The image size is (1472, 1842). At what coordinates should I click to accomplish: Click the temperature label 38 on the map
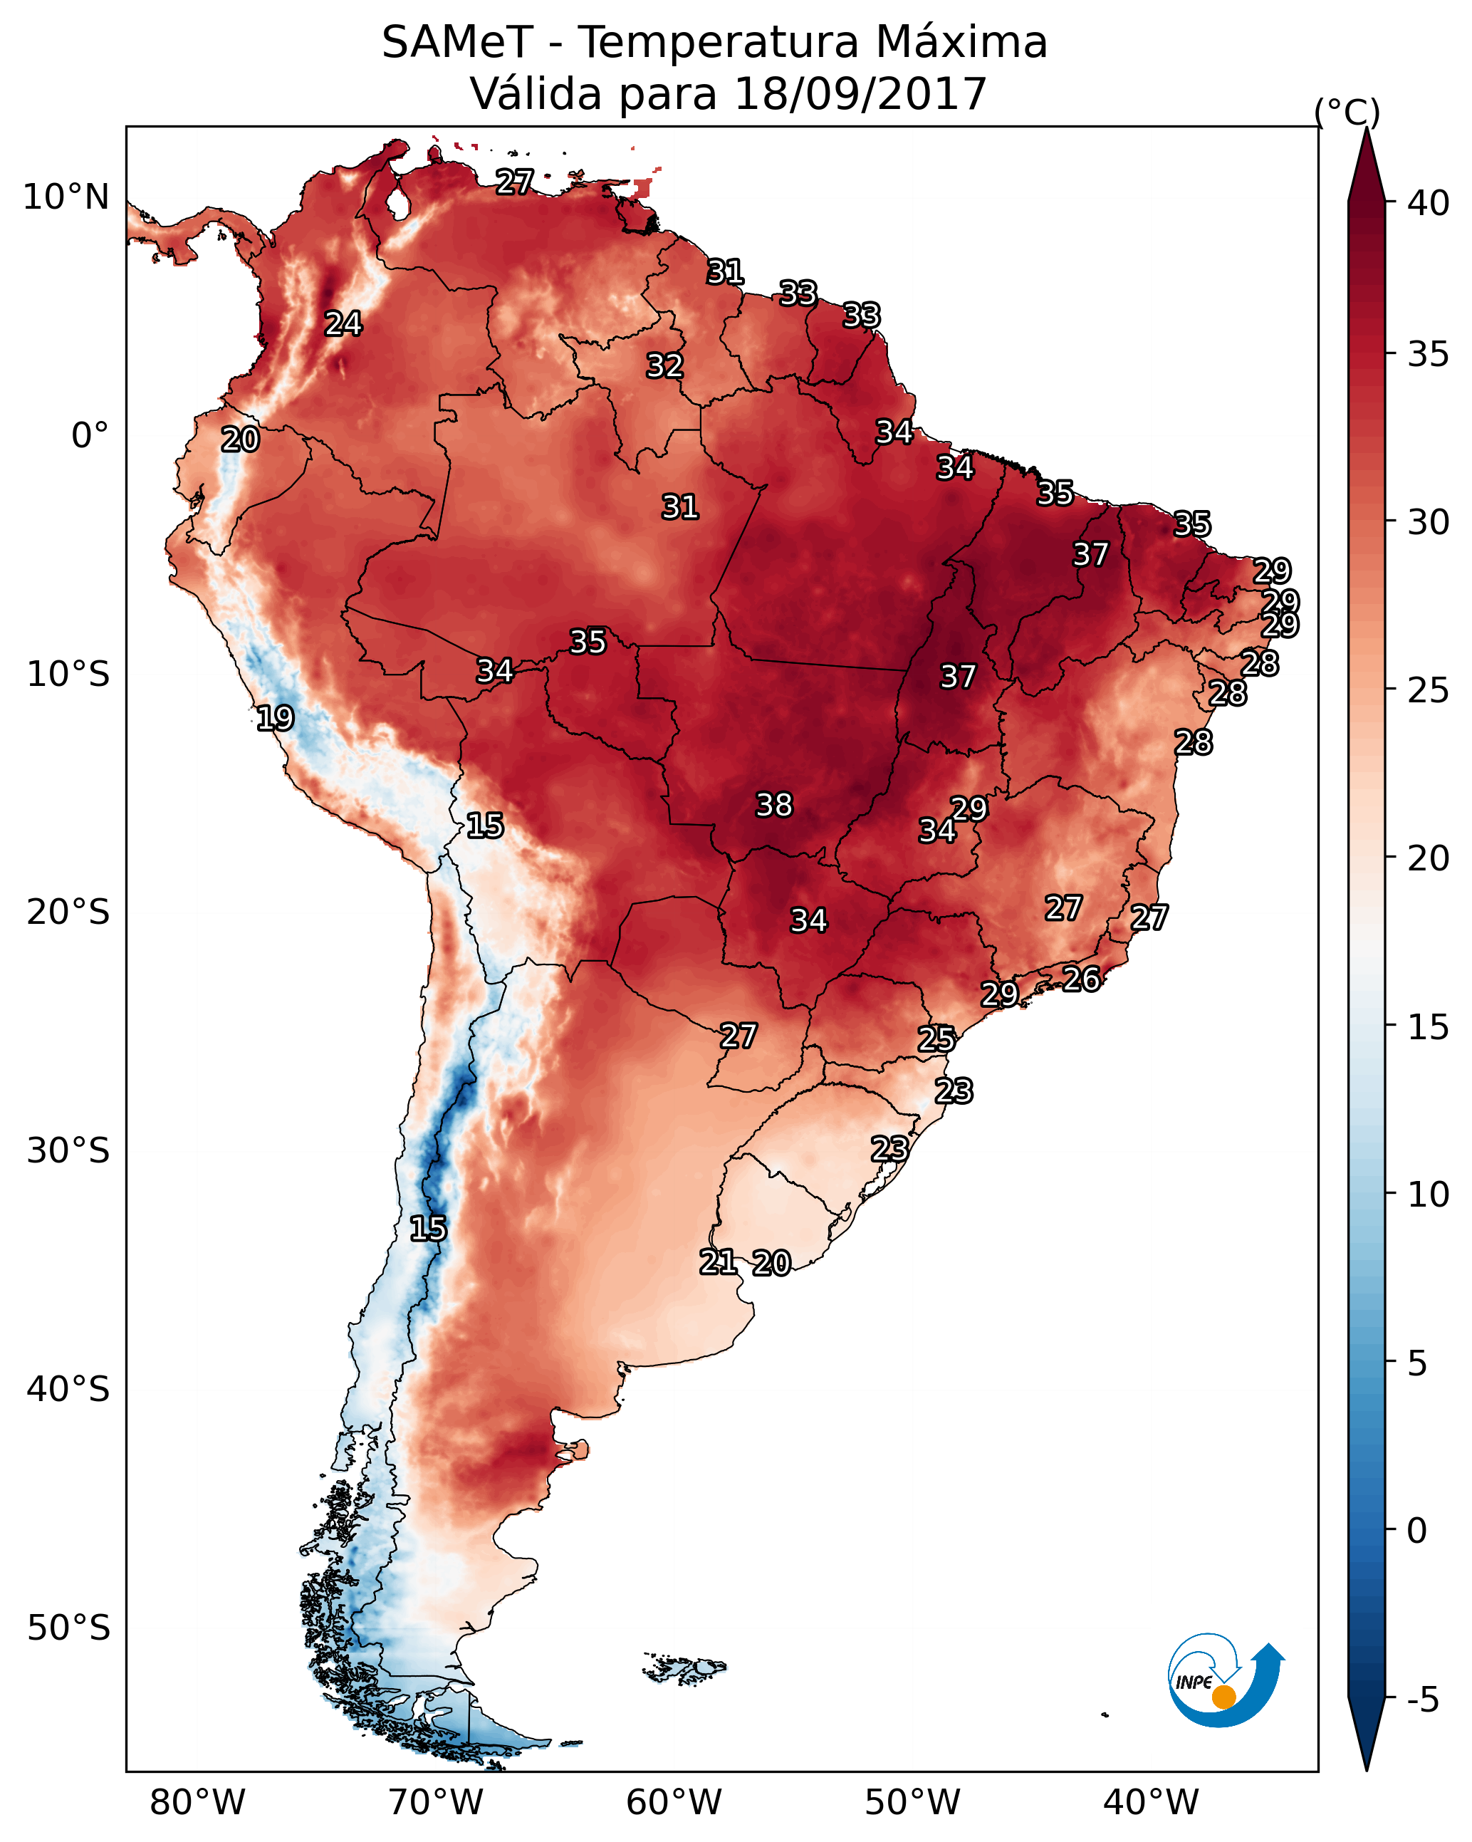pos(774,805)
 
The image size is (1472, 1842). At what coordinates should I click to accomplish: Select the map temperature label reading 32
pos(664,365)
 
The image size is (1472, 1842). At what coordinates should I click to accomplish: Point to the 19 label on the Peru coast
pos(275,718)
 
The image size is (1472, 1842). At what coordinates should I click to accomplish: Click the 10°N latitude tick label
pos(66,197)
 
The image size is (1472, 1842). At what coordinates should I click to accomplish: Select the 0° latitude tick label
pos(90,436)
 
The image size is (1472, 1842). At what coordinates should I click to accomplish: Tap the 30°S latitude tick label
pos(68,1151)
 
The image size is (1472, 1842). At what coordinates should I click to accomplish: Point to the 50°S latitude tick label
pos(68,1628)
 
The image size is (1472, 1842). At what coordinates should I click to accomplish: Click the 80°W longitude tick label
pos(197,1802)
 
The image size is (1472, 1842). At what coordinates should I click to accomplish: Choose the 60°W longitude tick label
pos(674,1802)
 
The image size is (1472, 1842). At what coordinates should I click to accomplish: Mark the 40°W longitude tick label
pos(1151,1802)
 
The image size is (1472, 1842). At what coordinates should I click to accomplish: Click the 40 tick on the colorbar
pos(1429,203)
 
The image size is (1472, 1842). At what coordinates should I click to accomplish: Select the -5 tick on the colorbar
pos(1424,1700)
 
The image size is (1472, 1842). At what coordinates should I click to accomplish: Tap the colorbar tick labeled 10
pos(1429,1195)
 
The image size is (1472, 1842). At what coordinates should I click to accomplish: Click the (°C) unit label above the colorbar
pos(1347,112)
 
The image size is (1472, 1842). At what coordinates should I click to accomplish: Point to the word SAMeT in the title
pos(458,43)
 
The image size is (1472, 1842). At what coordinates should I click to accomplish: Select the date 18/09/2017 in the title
pos(860,94)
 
